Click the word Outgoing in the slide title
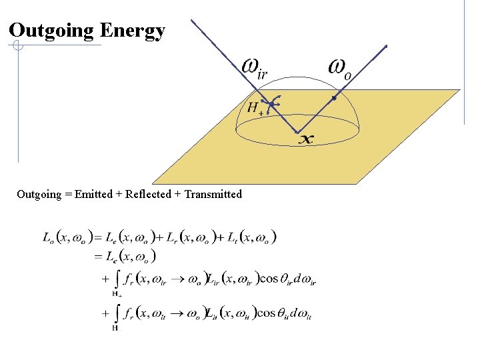tap(51, 30)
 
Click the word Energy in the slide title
tap(132, 31)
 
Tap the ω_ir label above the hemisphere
tap(254, 67)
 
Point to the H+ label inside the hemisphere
tap(254, 107)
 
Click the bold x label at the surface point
tap(305, 139)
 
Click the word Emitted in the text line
tap(94, 195)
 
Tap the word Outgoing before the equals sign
tap(38, 195)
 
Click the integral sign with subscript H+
tap(117, 280)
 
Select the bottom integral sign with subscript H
tap(117, 314)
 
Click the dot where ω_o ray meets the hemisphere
tap(333, 98)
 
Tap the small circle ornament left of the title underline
tap(18, 47)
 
